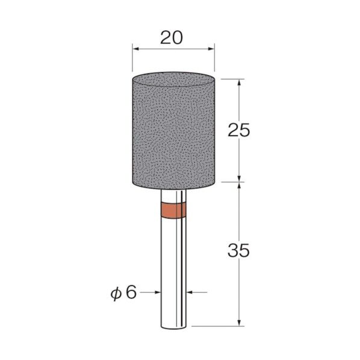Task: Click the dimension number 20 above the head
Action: [x=172, y=38]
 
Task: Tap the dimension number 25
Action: [x=238, y=131]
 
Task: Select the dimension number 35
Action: [x=238, y=250]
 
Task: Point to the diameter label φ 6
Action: [x=123, y=293]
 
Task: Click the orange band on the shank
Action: [x=173, y=210]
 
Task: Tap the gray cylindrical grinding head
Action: [x=174, y=131]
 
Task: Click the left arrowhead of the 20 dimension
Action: [x=136, y=49]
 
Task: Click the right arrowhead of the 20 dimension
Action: [x=211, y=49]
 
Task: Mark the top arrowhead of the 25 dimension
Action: [x=239, y=82]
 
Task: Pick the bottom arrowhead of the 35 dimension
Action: [x=239, y=322]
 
